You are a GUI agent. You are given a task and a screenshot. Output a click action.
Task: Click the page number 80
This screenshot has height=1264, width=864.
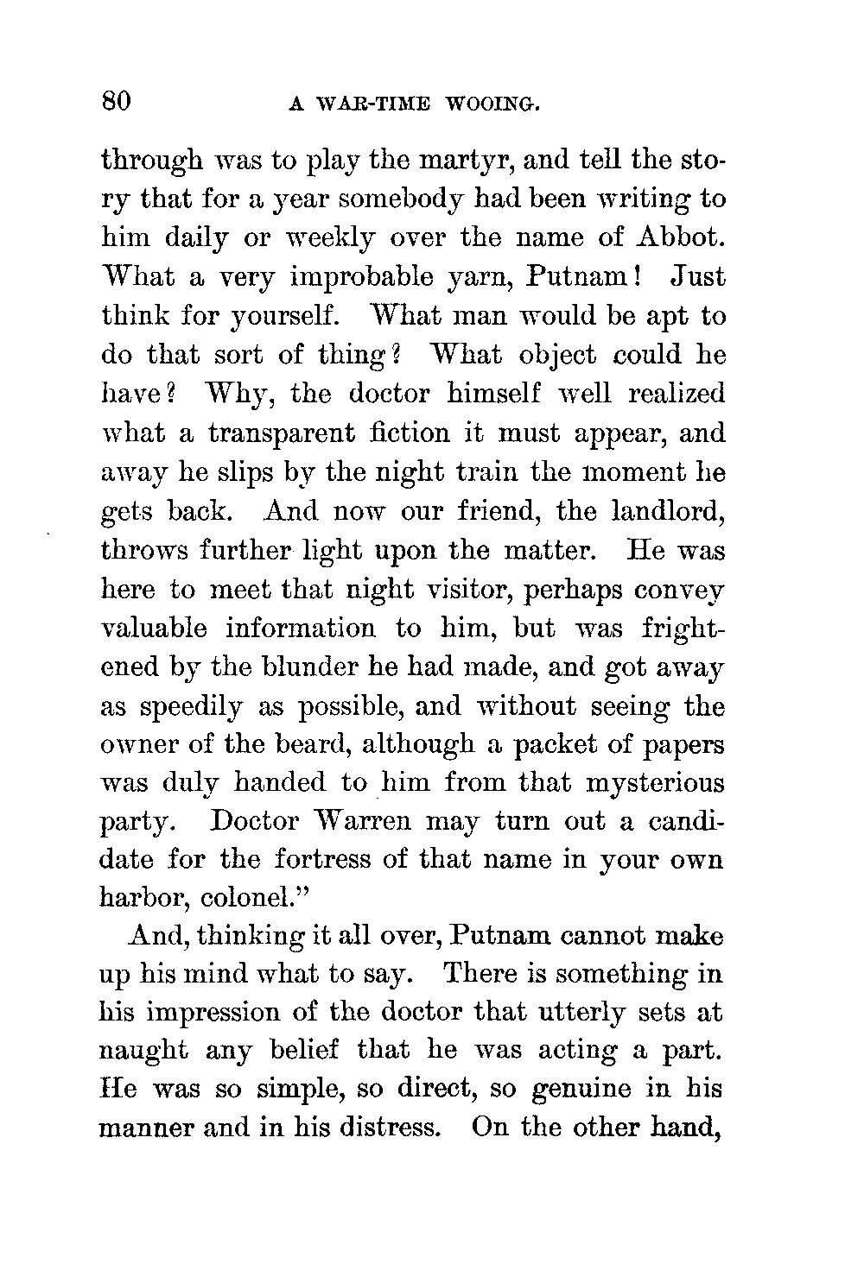(x=116, y=103)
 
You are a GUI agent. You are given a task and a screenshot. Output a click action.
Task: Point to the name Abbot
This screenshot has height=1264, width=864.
(x=680, y=238)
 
